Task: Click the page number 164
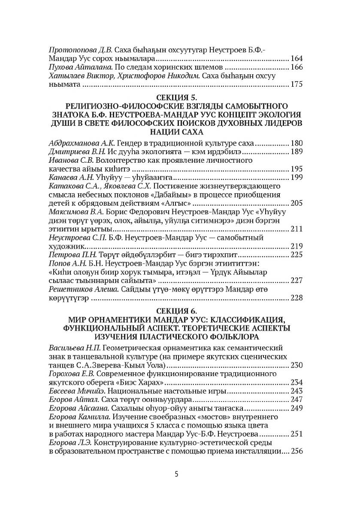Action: click(x=296, y=58)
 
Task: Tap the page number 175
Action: click(x=296, y=84)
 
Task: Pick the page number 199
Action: click(x=296, y=177)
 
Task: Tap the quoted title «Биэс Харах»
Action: click(x=143, y=382)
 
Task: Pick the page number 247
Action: click(x=296, y=399)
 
